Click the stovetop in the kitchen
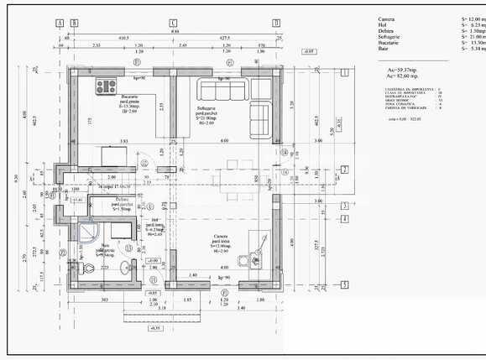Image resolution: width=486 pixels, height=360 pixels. (x=107, y=85)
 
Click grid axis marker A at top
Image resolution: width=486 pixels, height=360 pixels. (x=60, y=23)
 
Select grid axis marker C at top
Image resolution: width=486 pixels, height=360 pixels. (x=173, y=23)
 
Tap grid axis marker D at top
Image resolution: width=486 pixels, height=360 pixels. (x=274, y=23)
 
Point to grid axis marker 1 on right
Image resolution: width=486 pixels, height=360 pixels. (x=344, y=73)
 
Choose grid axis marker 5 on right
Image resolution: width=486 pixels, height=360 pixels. (x=344, y=285)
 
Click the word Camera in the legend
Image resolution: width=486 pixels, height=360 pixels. (x=386, y=18)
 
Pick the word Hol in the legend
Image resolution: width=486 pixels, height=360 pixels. (x=382, y=25)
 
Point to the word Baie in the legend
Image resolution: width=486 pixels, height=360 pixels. (x=383, y=49)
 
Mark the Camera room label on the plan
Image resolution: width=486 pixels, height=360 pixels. (x=222, y=237)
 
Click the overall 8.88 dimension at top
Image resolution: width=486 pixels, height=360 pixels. (x=174, y=32)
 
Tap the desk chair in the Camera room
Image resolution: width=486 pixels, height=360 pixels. (x=252, y=262)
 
